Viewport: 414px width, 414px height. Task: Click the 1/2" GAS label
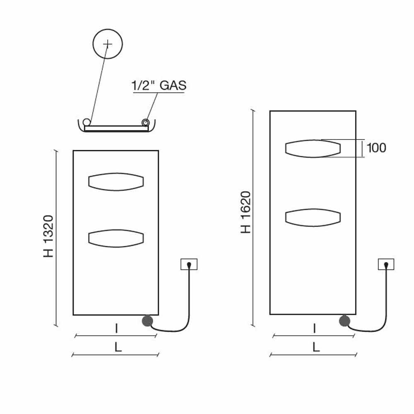[159, 85]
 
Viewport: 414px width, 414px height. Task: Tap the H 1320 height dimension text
[48, 236]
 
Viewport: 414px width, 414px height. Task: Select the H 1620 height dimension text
[246, 212]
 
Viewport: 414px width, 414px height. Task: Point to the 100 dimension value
[376, 148]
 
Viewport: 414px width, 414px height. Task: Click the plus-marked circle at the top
[108, 44]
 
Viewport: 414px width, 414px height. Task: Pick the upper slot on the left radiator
[116, 182]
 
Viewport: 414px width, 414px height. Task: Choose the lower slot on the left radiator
[116, 238]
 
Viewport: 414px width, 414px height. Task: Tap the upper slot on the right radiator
[313, 149]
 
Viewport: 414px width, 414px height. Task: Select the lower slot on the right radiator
[313, 218]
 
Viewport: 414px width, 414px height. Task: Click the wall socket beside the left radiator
[189, 264]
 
